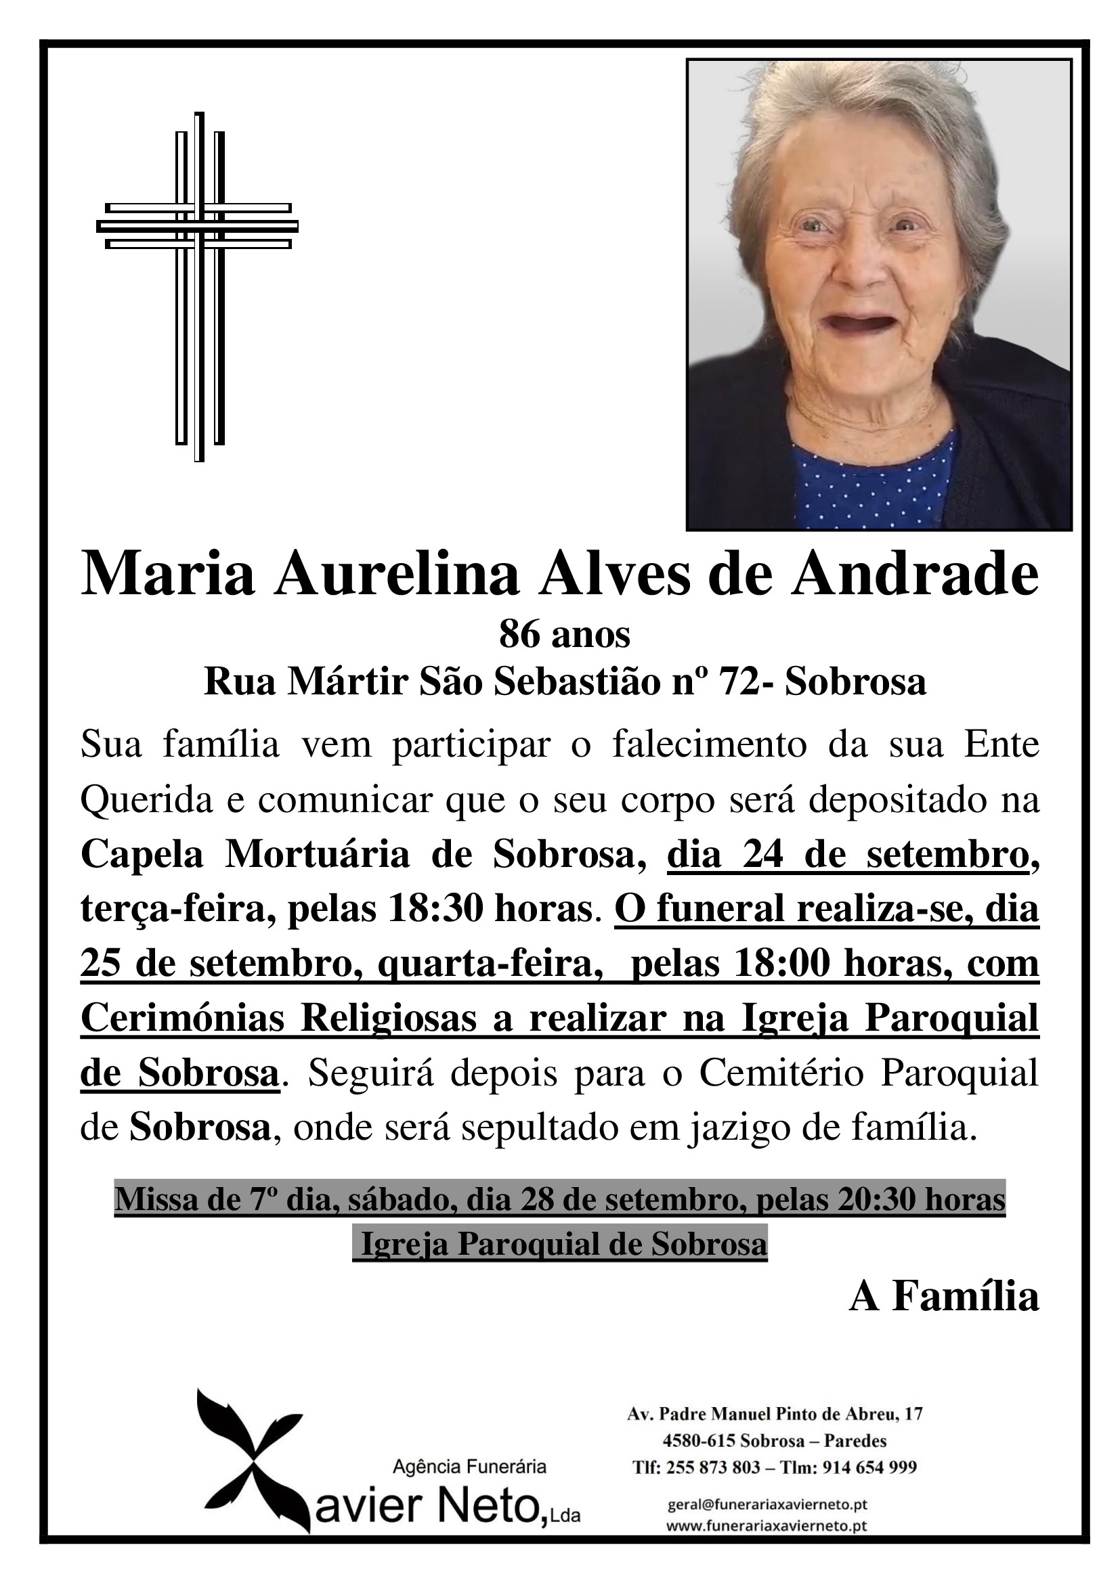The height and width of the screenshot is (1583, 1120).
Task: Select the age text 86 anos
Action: click(564, 635)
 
